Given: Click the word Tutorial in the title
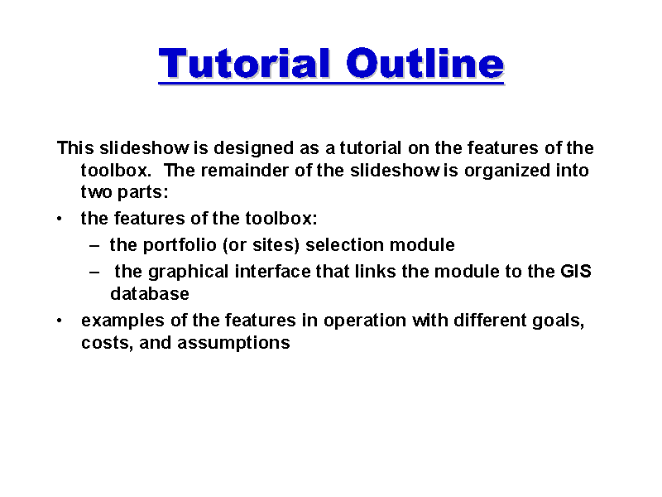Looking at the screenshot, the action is (244, 64).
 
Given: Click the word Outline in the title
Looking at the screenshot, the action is (425, 64).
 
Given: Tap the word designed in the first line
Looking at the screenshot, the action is (253, 149).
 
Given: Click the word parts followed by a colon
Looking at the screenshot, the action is (142, 193).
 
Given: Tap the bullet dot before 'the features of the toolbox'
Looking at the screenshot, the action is (60, 219).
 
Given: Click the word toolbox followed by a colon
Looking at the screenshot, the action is (281, 219).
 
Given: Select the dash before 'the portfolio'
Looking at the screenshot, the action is (94, 245).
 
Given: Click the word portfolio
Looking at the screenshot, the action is (180, 245).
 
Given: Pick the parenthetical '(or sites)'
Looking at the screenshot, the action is (261, 245).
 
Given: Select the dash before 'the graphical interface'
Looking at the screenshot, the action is (94, 272).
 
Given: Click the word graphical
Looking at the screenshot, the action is (189, 273).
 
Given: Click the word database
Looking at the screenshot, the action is (150, 294).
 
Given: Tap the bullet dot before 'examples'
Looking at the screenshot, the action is (60, 321).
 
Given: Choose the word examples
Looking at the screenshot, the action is (122, 321).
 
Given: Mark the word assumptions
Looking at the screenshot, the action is (234, 343).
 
